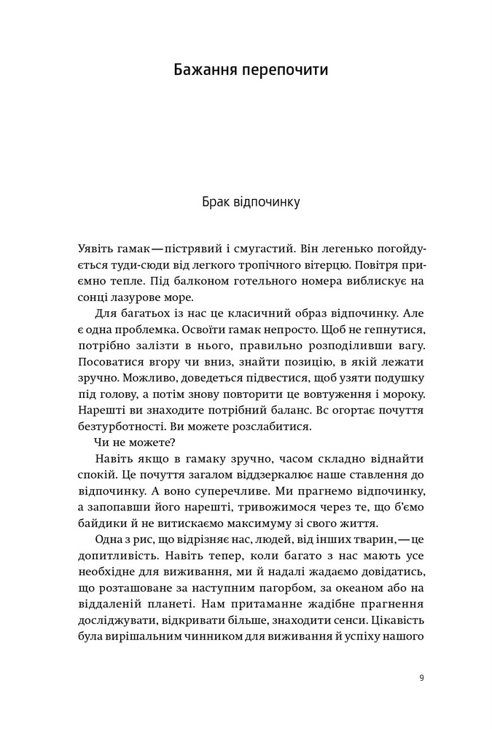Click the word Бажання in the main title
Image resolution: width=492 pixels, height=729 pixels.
coord(206,71)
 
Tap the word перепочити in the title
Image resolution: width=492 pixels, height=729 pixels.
coord(286,71)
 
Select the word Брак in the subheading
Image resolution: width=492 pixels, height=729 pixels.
coord(216,201)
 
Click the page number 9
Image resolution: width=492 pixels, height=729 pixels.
coord(422,677)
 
